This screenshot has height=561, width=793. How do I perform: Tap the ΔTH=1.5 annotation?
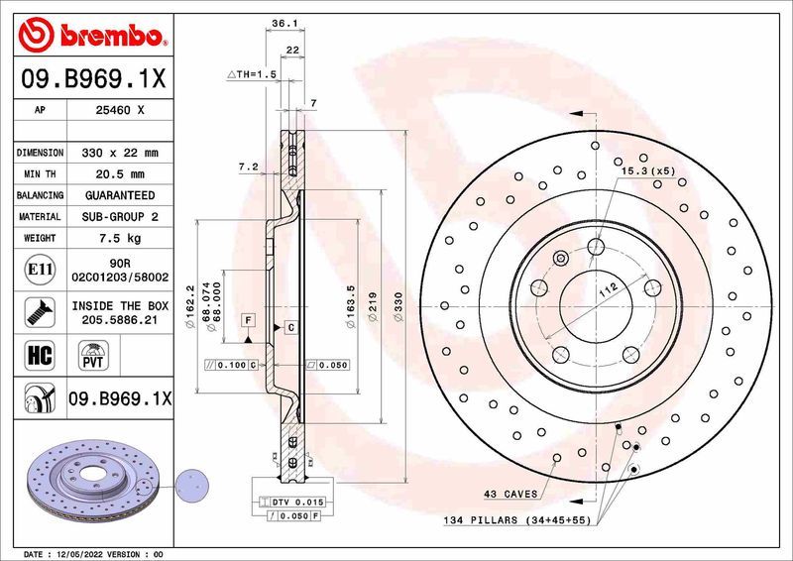click(x=251, y=74)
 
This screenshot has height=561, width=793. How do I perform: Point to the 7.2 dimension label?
click(x=248, y=168)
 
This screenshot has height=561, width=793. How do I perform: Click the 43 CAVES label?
click(x=510, y=493)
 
